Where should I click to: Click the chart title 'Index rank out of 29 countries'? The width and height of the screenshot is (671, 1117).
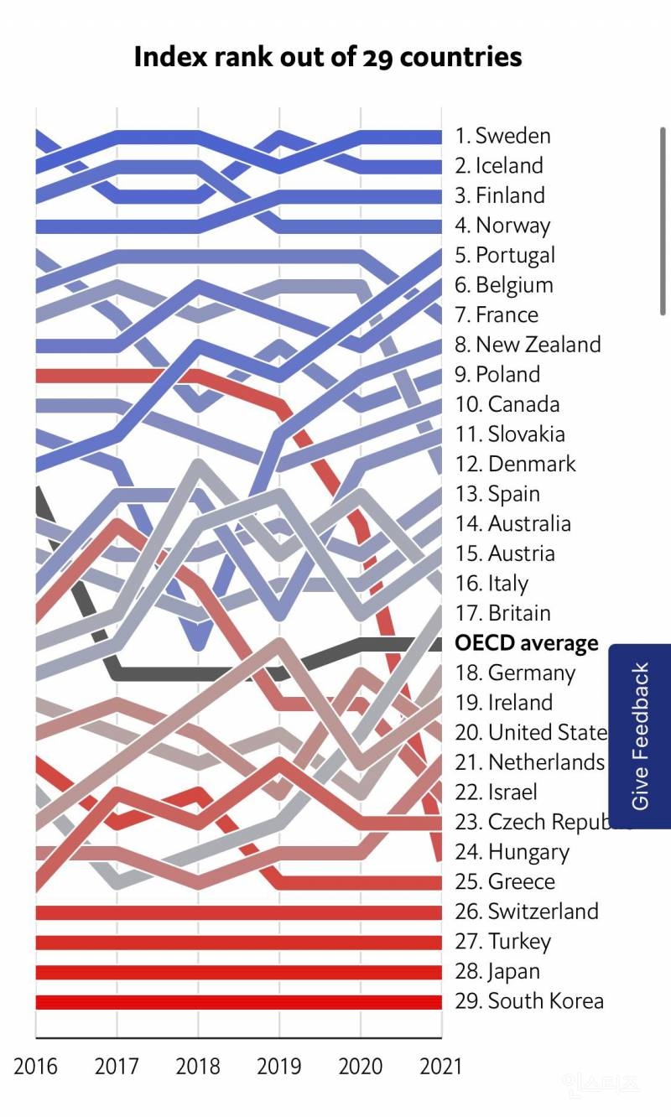328,57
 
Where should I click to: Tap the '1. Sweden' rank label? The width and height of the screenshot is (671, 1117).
502,136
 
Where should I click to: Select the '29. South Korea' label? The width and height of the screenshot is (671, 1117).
528,1001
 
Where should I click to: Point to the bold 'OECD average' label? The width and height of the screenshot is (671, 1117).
527,643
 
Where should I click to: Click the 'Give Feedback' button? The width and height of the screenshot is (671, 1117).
640,735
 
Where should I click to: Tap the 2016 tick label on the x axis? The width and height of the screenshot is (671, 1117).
36,1066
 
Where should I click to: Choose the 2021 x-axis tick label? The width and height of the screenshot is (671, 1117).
441,1066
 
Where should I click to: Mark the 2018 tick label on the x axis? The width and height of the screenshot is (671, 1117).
198,1066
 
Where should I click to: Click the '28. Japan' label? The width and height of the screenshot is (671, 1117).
497,971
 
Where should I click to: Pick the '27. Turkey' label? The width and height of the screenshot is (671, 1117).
502,942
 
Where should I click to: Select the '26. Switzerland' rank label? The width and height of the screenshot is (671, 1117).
526,912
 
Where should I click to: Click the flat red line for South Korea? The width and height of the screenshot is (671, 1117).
238,1002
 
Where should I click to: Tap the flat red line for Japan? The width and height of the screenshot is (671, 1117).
238,972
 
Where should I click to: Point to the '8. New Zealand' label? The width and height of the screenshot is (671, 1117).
528,345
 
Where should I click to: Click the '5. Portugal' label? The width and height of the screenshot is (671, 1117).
505,255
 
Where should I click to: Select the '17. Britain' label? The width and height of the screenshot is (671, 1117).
502,613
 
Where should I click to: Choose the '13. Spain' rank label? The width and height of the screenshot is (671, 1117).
497,494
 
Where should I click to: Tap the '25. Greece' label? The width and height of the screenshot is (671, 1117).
504,882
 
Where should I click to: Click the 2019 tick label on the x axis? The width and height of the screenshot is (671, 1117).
279,1066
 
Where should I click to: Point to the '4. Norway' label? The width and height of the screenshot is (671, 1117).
502,226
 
